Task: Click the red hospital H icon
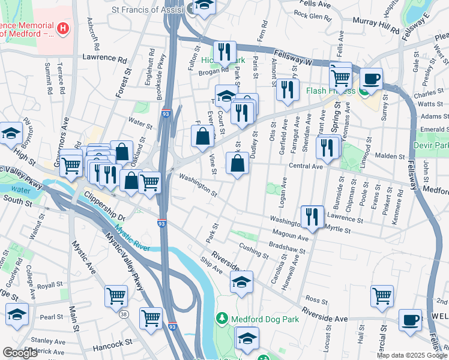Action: point(62,28)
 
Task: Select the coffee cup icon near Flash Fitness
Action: point(371,79)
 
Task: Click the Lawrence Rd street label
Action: point(105,60)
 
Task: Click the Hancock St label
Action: point(112,343)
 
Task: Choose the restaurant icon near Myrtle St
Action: point(311,216)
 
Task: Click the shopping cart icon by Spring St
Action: point(340,76)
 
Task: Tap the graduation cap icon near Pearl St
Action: point(17,314)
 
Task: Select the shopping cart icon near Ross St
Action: point(382,296)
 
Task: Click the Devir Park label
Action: point(430,146)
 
